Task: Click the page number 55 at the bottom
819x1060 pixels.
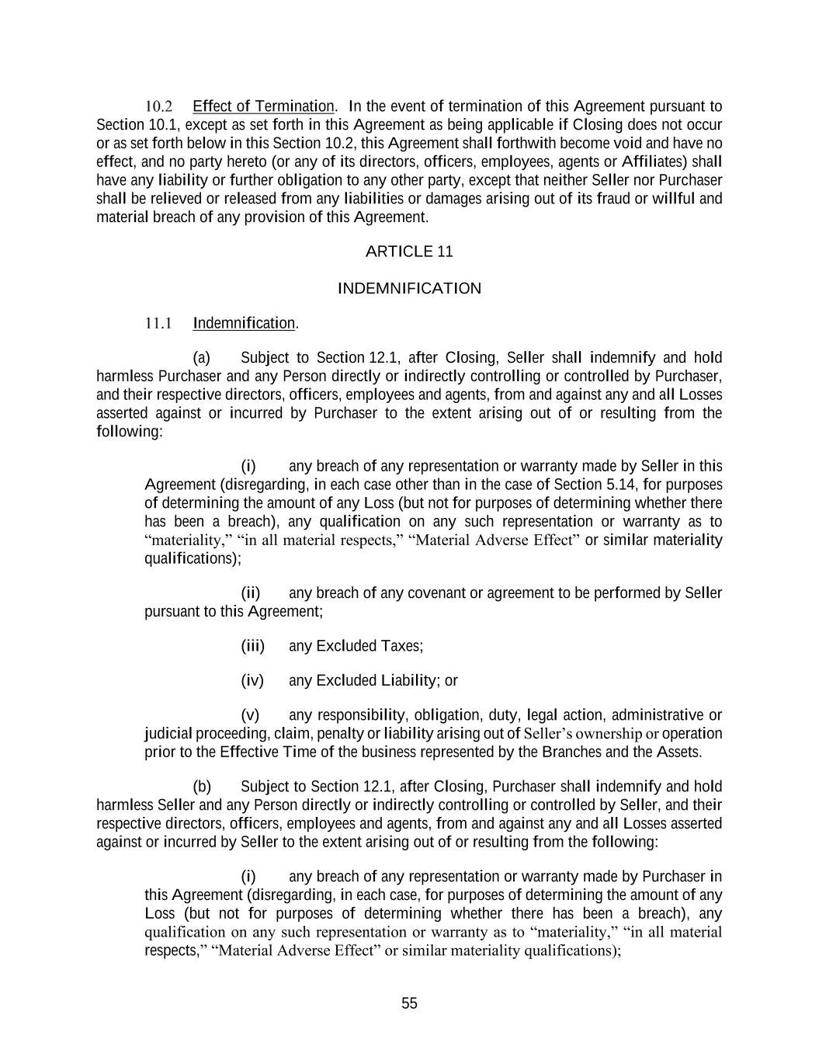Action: [x=409, y=1003]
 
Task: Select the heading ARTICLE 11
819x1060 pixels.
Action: [x=409, y=252]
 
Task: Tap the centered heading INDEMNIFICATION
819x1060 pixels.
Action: [x=409, y=289]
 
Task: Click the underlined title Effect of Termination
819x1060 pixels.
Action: [x=263, y=106]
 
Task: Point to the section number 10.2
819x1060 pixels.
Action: [x=158, y=106]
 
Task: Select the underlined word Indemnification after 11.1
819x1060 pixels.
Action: [x=244, y=323]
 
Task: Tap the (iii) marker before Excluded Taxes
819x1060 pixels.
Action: [x=252, y=646]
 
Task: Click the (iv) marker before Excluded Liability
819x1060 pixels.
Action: [x=252, y=681]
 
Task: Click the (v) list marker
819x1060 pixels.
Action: [x=250, y=715]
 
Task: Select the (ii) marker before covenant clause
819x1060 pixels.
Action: [x=251, y=593]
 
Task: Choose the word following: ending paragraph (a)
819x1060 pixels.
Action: [x=130, y=432]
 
